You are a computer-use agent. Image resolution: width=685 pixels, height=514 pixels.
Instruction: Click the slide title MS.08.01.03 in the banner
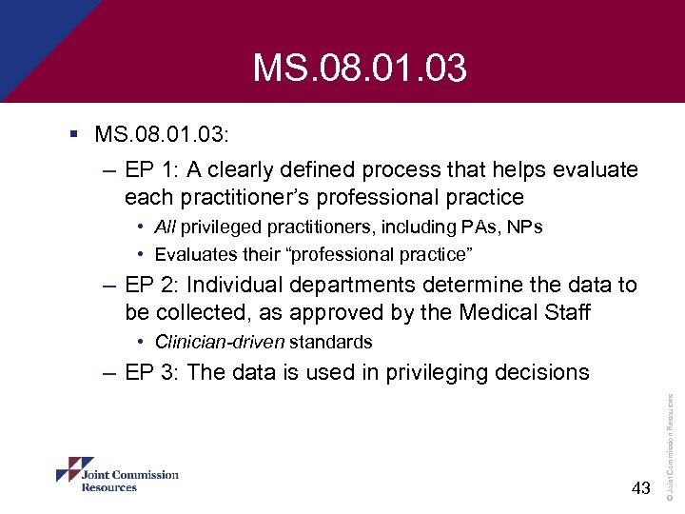click(x=360, y=69)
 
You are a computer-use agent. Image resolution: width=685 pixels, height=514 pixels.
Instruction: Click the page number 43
click(x=640, y=488)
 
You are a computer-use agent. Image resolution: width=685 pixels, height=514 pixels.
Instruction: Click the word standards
click(x=330, y=342)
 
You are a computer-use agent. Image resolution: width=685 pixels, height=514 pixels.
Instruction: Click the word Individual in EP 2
click(x=233, y=285)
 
